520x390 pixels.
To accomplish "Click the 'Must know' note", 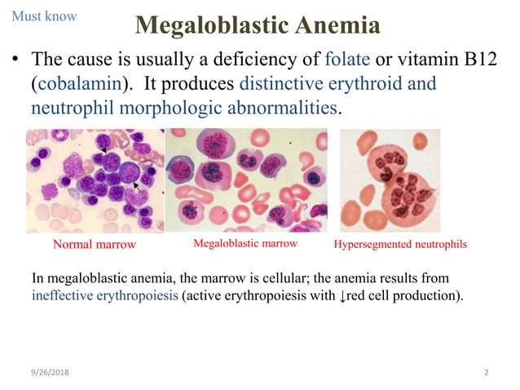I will [44, 16].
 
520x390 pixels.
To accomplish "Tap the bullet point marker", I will [14, 60].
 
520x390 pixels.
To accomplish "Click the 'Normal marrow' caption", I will [94, 245].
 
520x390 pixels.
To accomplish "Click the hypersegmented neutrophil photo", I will [390, 180].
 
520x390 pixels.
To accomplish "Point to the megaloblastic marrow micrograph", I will [247, 180].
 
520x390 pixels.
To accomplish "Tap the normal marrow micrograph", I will [95, 180].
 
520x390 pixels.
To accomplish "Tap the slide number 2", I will [486, 373].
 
